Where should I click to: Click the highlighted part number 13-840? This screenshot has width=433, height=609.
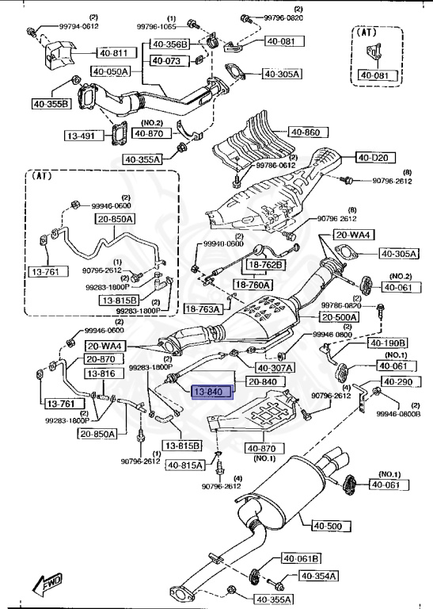click(209, 391)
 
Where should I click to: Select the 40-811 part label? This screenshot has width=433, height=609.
click(113, 53)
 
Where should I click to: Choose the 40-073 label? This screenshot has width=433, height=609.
click(166, 60)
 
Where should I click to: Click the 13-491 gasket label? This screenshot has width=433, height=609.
click(80, 136)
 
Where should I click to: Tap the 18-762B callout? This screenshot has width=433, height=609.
click(266, 265)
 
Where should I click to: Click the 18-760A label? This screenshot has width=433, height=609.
click(253, 285)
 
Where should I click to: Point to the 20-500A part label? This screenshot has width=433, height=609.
click(339, 317)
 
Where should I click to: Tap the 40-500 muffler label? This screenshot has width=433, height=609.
click(326, 526)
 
